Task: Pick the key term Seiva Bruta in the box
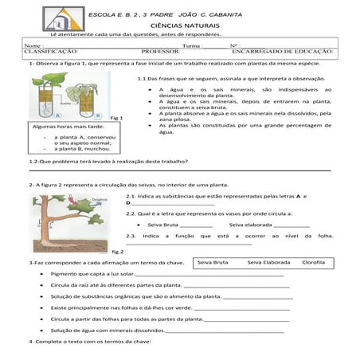pyautogui.click(x=213, y=262)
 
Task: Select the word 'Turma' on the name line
pyautogui.click(x=192, y=46)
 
